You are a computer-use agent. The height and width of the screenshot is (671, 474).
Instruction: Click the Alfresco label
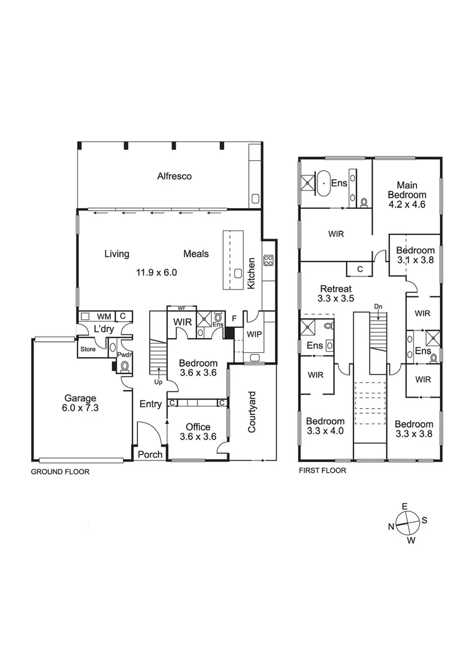(x=174, y=176)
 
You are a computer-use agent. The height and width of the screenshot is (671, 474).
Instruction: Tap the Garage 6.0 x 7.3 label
(x=80, y=403)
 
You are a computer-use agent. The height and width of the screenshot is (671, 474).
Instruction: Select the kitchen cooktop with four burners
(x=268, y=260)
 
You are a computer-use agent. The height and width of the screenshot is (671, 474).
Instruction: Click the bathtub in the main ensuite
(x=324, y=183)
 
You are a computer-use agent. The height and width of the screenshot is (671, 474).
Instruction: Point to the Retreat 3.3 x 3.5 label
(x=336, y=293)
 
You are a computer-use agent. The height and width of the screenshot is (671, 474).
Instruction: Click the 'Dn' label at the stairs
(x=378, y=306)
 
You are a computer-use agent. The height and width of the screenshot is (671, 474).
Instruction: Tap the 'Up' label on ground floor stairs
(x=158, y=381)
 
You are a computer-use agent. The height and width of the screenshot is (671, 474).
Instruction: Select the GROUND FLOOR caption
(x=60, y=472)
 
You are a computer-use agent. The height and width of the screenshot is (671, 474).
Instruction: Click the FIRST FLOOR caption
(x=322, y=470)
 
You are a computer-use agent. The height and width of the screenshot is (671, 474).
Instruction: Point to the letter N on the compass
(x=391, y=526)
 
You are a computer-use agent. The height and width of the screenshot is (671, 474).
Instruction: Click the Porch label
(x=150, y=454)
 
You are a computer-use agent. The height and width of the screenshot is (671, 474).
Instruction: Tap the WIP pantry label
(x=254, y=334)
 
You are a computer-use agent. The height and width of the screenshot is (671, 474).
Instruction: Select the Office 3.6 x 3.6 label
(x=198, y=432)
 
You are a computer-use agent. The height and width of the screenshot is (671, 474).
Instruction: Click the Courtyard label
(x=252, y=412)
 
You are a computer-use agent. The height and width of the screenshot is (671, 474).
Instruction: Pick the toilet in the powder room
(x=125, y=366)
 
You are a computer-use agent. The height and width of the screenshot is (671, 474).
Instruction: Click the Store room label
(x=88, y=349)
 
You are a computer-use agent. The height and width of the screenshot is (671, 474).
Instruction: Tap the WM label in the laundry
(x=104, y=317)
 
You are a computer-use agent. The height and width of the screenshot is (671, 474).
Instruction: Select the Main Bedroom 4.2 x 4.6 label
(x=407, y=194)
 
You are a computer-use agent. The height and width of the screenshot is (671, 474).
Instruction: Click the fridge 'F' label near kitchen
(x=234, y=318)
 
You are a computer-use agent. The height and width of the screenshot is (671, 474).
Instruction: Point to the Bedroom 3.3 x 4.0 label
(x=325, y=426)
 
